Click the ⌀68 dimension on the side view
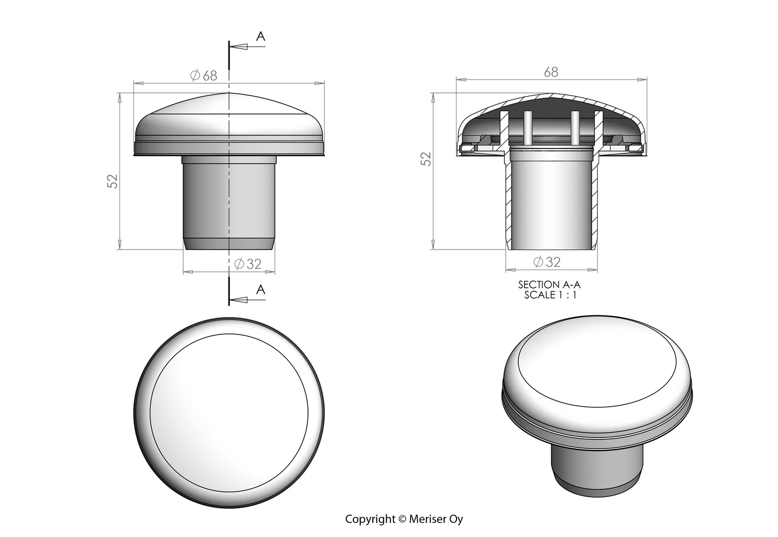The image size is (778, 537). pyautogui.click(x=204, y=76)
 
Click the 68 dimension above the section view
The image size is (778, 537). pyautogui.click(x=551, y=72)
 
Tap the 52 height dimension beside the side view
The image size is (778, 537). pyautogui.click(x=112, y=181)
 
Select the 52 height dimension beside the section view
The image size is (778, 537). pyautogui.click(x=426, y=158)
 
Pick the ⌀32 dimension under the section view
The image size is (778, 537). pyautogui.click(x=547, y=262)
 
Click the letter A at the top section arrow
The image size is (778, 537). pyautogui.click(x=260, y=36)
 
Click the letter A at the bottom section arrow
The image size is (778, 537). pyautogui.click(x=260, y=290)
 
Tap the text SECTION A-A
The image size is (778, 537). pyautogui.click(x=549, y=284)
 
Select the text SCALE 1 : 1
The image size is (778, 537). pyautogui.click(x=551, y=295)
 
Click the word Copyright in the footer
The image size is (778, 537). pyautogui.click(x=370, y=519)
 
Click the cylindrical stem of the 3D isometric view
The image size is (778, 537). pyautogui.click(x=597, y=465)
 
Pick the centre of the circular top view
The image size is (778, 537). pyautogui.click(x=229, y=413)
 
